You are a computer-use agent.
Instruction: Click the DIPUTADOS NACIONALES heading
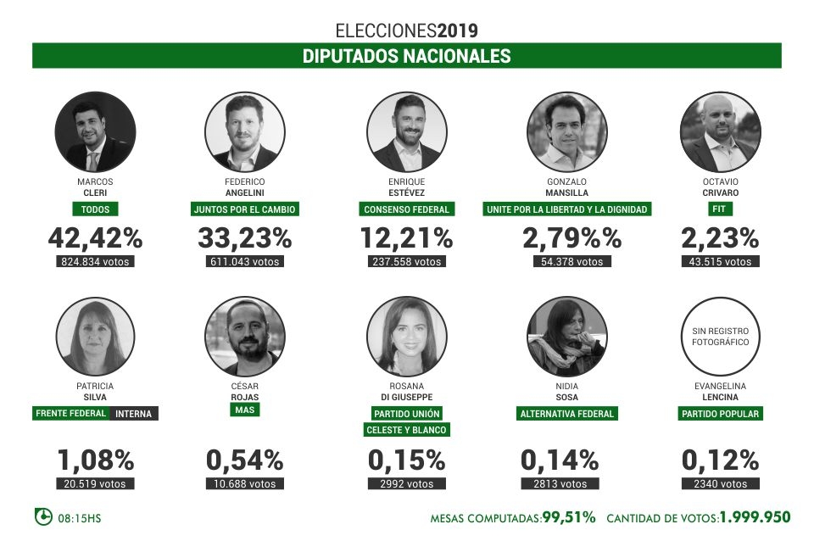tap(406, 56)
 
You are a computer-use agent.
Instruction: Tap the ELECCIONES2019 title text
tap(406, 31)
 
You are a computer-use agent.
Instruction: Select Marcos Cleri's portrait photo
tap(95, 132)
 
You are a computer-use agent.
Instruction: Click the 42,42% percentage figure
tap(95, 238)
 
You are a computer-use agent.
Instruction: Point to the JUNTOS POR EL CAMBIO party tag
tap(246, 209)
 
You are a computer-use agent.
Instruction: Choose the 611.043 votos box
tap(246, 262)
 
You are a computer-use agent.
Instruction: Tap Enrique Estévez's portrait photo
tap(406, 132)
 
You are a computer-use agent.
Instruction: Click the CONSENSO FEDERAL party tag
tap(406, 209)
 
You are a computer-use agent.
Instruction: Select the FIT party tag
tap(721, 209)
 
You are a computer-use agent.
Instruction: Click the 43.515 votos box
tap(721, 262)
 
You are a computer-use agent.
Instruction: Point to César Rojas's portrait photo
tap(245, 337)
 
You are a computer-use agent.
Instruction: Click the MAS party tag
tap(245, 410)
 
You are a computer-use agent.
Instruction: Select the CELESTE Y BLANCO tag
tap(406, 430)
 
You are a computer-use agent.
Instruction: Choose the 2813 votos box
tap(566, 484)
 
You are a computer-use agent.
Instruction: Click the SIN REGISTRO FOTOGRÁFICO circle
tap(720, 337)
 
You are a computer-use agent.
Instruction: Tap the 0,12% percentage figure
tap(720, 460)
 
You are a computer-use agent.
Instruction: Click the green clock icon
tap(42, 516)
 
